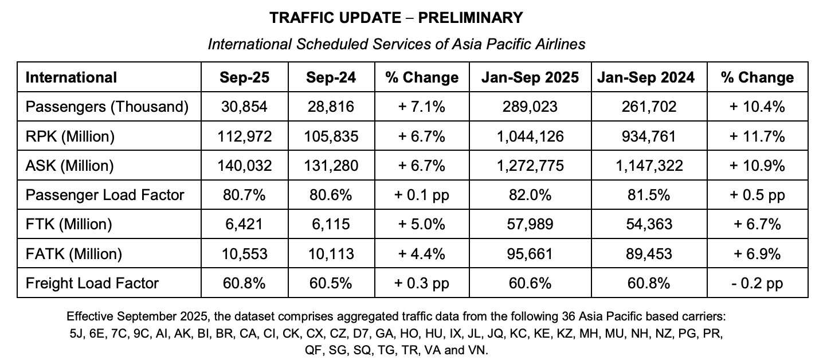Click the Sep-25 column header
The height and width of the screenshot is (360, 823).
[245, 77]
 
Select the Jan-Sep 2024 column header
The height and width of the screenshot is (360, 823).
[645, 77]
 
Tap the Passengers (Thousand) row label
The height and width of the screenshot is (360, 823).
[107, 107]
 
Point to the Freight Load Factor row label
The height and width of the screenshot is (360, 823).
[92, 283]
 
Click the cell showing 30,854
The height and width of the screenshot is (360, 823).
[245, 107]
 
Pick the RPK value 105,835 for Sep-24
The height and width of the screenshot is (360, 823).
[331, 136]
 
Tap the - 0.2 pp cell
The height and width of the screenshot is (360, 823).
[757, 283]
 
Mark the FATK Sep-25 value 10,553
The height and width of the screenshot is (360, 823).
[245, 253]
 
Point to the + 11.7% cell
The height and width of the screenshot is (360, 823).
[757, 136]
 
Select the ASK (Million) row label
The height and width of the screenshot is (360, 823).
[70, 166]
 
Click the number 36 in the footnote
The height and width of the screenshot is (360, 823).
[542, 316]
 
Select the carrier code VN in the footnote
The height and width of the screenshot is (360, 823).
[476, 350]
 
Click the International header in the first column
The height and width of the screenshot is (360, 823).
[71, 77]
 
